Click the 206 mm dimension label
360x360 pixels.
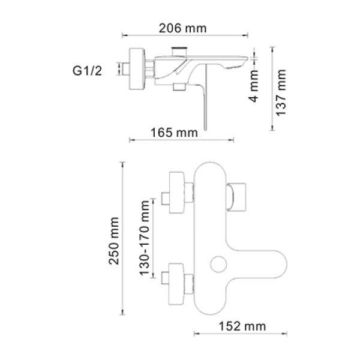181,28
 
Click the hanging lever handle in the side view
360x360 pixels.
206,105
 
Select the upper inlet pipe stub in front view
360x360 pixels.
164,198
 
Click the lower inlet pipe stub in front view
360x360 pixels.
164,278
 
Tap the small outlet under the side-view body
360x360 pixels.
178,88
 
